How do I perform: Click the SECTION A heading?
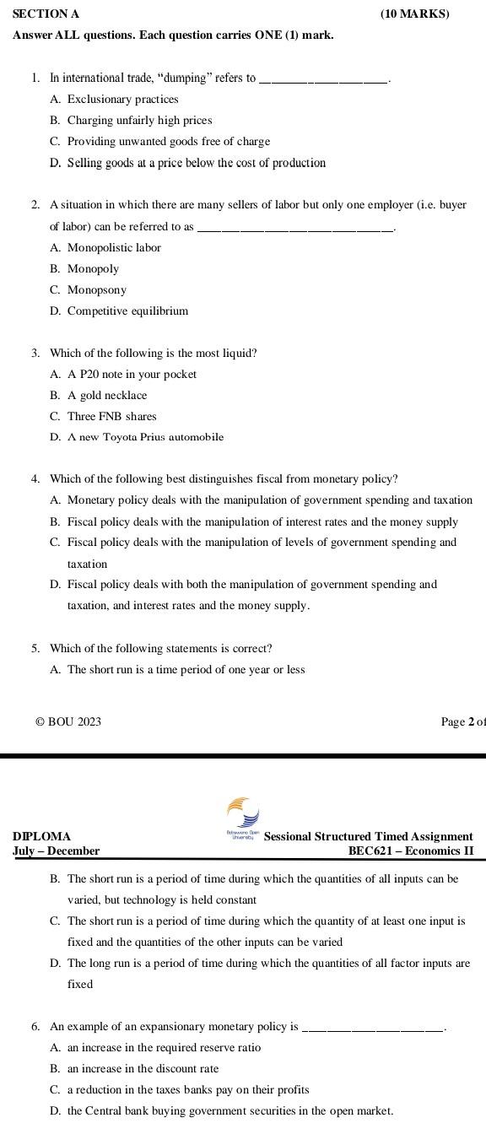46,13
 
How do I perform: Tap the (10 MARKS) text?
414,13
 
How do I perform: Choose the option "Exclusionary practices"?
122,100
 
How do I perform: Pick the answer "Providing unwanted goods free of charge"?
169,142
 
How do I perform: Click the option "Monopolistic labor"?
114,248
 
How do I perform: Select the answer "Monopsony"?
97,290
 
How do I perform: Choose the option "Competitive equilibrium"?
127,311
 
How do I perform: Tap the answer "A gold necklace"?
107,396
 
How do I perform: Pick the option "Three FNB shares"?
112,417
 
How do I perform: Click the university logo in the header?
243,814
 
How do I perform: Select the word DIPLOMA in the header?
42,837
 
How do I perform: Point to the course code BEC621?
373,851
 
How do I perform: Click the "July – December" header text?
57,851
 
